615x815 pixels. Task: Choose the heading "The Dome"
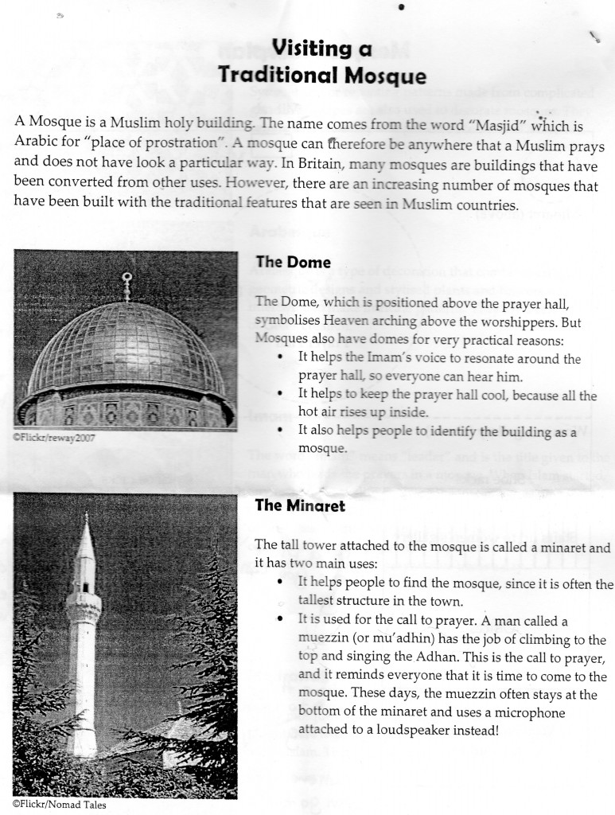pos(293,262)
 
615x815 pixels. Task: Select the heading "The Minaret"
pos(300,506)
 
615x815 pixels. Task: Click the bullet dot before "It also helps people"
pos(282,431)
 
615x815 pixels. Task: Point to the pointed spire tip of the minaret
pos(86,518)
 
